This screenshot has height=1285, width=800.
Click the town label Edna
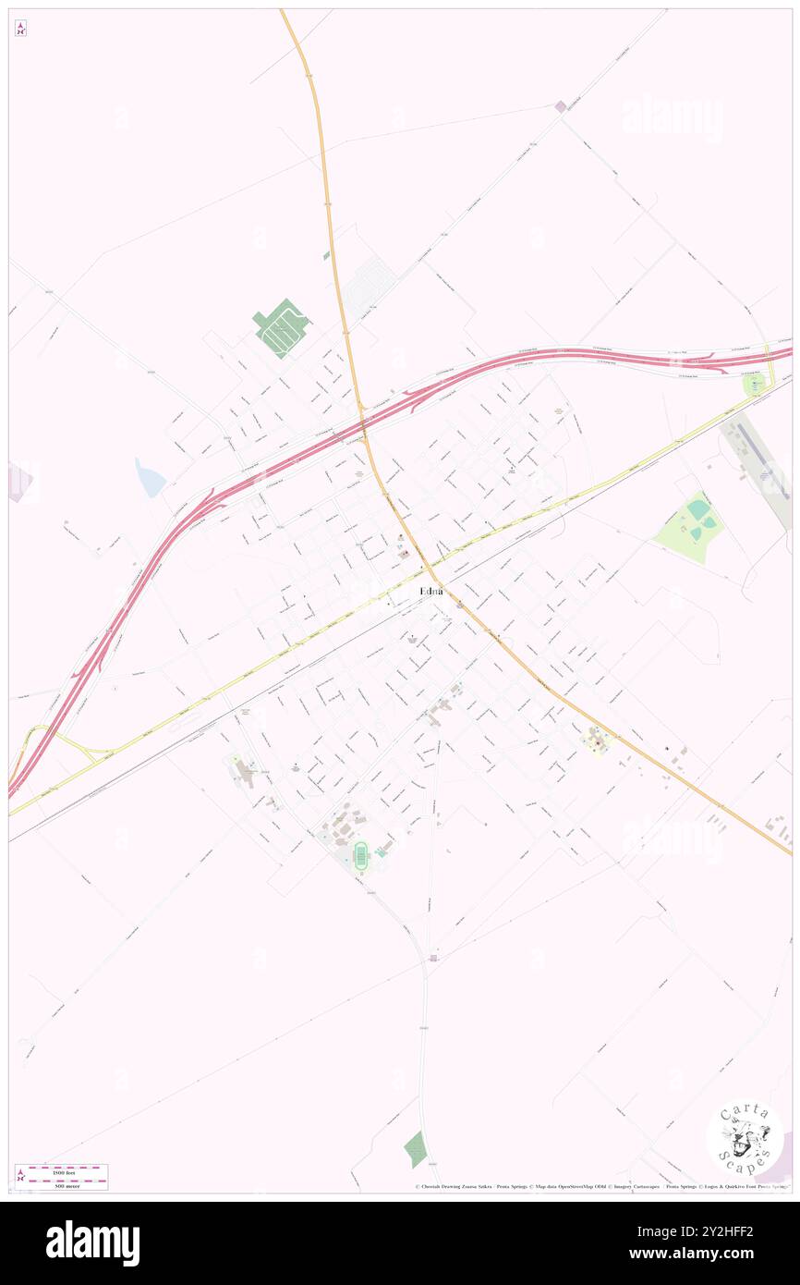430,591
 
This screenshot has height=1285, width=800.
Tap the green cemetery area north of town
280,327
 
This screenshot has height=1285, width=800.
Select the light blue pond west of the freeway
150,478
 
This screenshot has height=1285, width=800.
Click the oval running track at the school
360,854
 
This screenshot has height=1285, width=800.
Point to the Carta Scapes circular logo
745,1137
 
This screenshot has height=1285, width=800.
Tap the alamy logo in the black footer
93,1242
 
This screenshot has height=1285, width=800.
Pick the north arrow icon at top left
20,29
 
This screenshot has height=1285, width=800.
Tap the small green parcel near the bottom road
416,1149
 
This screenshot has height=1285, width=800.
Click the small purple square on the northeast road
560,107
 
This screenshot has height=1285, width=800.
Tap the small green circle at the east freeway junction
755,384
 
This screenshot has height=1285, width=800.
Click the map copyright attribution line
600,1187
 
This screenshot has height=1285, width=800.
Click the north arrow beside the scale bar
20,1176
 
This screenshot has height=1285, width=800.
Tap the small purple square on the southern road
433,959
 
